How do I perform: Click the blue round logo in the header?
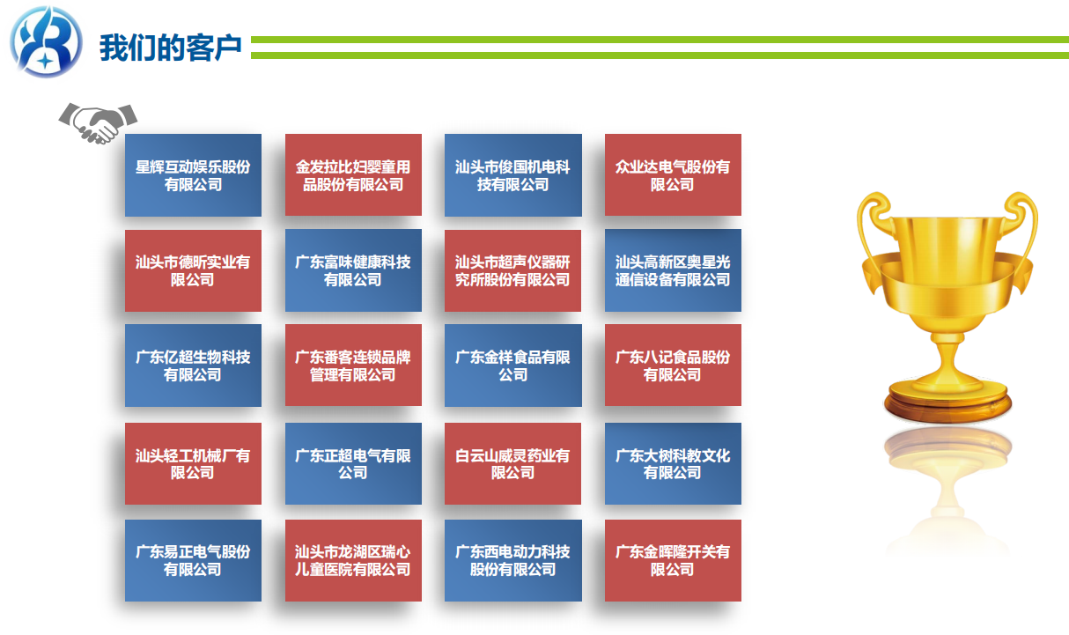click(47, 41)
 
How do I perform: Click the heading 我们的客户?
click(170, 48)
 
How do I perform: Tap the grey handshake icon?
click(98, 122)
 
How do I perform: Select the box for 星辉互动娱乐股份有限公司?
click(193, 175)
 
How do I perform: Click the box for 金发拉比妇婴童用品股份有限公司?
click(353, 174)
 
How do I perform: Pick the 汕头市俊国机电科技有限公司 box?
click(513, 175)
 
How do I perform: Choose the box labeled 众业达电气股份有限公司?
click(673, 174)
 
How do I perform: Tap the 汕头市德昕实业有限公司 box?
click(193, 270)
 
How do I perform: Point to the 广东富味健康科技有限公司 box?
click(353, 270)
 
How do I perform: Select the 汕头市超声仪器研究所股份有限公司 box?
click(513, 270)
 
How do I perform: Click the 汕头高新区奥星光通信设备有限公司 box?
click(673, 270)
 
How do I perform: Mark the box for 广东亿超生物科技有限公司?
click(193, 365)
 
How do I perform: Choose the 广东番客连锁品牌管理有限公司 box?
click(353, 365)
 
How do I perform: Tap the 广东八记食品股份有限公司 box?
click(673, 365)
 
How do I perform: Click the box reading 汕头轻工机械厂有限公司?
click(193, 463)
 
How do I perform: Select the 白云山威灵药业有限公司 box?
click(513, 463)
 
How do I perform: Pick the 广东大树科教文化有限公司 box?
click(673, 463)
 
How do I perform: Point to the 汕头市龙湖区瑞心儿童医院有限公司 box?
click(353, 560)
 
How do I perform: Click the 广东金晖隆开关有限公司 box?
click(673, 560)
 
